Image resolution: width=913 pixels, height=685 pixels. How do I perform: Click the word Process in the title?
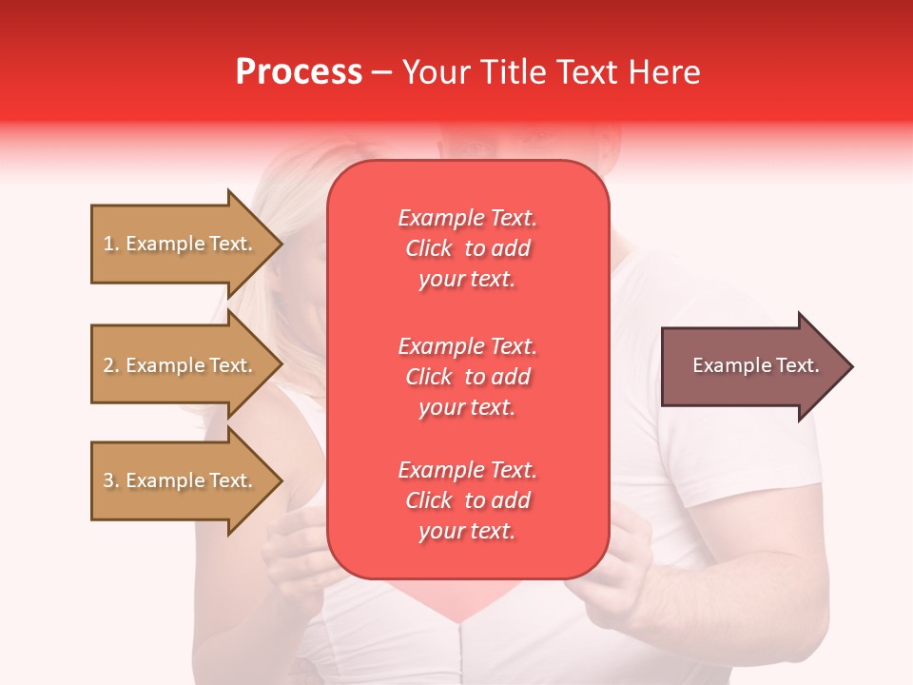point(299,72)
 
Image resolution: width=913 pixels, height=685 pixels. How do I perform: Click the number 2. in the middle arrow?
point(111,365)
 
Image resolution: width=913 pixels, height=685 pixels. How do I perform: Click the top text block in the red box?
point(467,248)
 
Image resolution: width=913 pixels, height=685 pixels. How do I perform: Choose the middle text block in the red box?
point(467,377)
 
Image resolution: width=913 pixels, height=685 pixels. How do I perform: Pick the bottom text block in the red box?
point(467,500)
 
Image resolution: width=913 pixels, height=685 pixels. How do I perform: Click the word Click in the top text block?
point(428,248)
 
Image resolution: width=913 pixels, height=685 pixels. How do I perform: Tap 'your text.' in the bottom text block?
point(467,532)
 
